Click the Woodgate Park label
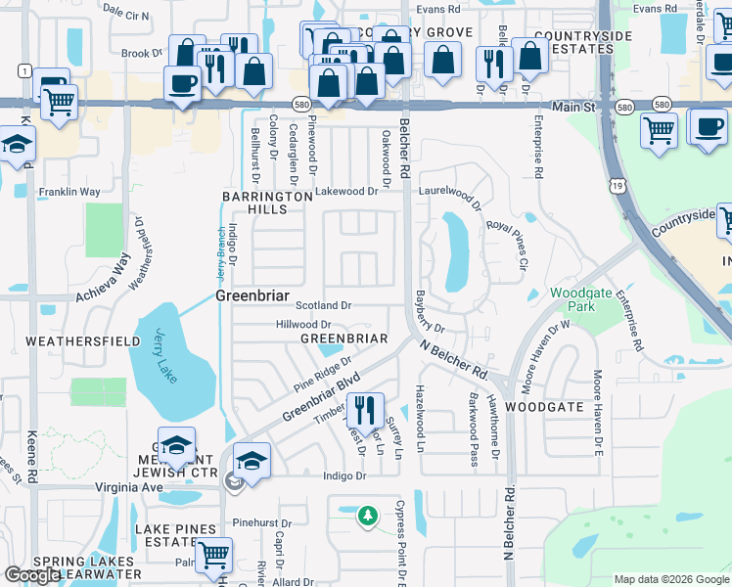coord(572,299)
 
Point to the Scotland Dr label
coord(323,306)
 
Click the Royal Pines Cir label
coord(507,246)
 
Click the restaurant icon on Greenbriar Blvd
coord(363,411)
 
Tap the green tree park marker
coord(367,515)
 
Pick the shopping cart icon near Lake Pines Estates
coord(212,556)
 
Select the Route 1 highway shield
coord(23,71)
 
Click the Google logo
coord(32,575)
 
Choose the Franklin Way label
coord(69,193)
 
